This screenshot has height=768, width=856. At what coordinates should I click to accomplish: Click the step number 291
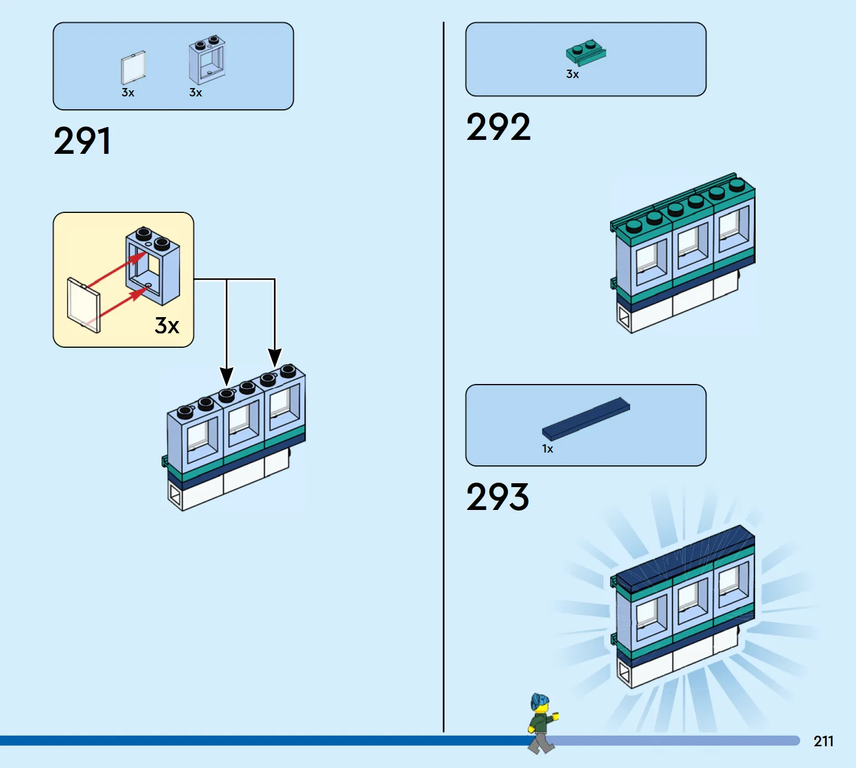click(x=83, y=141)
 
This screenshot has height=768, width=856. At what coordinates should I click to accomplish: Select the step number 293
click(x=497, y=497)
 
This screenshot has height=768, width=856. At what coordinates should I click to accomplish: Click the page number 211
click(x=824, y=741)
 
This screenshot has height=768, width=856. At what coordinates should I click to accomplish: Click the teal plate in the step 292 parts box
click(x=586, y=53)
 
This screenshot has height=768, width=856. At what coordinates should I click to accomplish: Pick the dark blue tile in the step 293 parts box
click(x=586, y=419)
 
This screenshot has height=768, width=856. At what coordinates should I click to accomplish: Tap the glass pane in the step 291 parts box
click(x=133, y=67)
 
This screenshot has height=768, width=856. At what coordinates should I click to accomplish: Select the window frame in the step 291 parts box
click(x=207, y=60)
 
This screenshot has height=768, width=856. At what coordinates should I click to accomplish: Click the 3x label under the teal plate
click(x=573, y=74)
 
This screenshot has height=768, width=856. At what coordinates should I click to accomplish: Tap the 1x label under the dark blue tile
click(x=548, y=449)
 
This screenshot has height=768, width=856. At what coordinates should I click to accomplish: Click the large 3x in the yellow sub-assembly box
click(x=167, y=325)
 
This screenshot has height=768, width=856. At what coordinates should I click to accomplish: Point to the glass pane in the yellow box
click(x=84, y=305)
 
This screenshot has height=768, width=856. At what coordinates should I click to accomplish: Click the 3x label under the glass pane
click(x=128, y=93)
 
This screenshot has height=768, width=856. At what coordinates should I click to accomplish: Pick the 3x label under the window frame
click(x=196, y=93)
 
